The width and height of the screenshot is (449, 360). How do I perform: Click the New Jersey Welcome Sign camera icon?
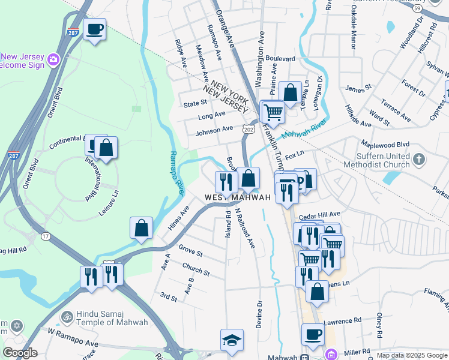[53, 59]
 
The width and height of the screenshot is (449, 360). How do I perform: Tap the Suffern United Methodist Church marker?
[420, 160]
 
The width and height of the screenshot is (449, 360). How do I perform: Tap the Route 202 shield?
[249, 129]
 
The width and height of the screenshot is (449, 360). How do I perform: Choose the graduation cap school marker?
[232, 340]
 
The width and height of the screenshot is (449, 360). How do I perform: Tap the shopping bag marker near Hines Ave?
[141, 228]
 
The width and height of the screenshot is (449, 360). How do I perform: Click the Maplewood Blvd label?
[385, 145]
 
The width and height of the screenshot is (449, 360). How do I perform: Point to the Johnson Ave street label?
[214, 129]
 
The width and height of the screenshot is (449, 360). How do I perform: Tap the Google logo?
[20, 353]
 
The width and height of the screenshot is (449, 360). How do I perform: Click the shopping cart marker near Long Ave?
[273, 112]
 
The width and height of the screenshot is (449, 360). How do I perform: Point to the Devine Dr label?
[260, 312]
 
